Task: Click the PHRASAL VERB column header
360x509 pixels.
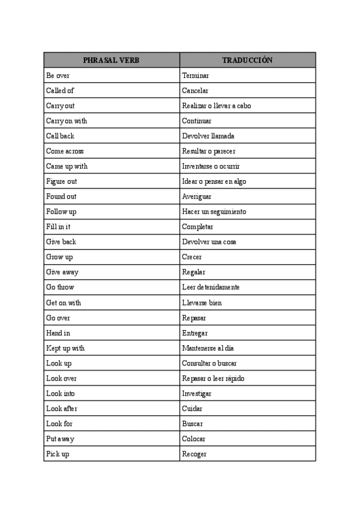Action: coord(111,61)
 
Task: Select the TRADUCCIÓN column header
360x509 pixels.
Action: coord(247,61)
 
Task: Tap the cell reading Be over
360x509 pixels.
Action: coord(58,76)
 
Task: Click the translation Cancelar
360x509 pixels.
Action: coord(195,91)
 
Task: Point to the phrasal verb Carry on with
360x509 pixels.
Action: coord(66,121)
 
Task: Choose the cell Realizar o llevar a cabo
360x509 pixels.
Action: coord(217,106)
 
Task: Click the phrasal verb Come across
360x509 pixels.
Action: coord(65,151)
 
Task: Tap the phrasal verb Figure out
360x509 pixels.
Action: coord(61,181)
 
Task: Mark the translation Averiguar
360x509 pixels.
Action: coord(197,196)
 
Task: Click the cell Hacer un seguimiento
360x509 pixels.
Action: coord(214,212)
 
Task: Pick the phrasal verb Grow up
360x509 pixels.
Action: coord(59,257)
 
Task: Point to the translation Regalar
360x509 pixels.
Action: coord(194,272)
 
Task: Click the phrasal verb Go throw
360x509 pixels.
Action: coord(60,288)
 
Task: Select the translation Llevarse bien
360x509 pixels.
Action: coord(202,303)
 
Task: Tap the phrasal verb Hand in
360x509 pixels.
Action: coord(58,333)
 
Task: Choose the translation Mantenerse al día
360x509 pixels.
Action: coord(208,348)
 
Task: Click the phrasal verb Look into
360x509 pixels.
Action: coord(60,393)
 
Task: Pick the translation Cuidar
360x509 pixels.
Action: coord(192,408)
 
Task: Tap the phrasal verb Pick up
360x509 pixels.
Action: coord(58,454)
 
